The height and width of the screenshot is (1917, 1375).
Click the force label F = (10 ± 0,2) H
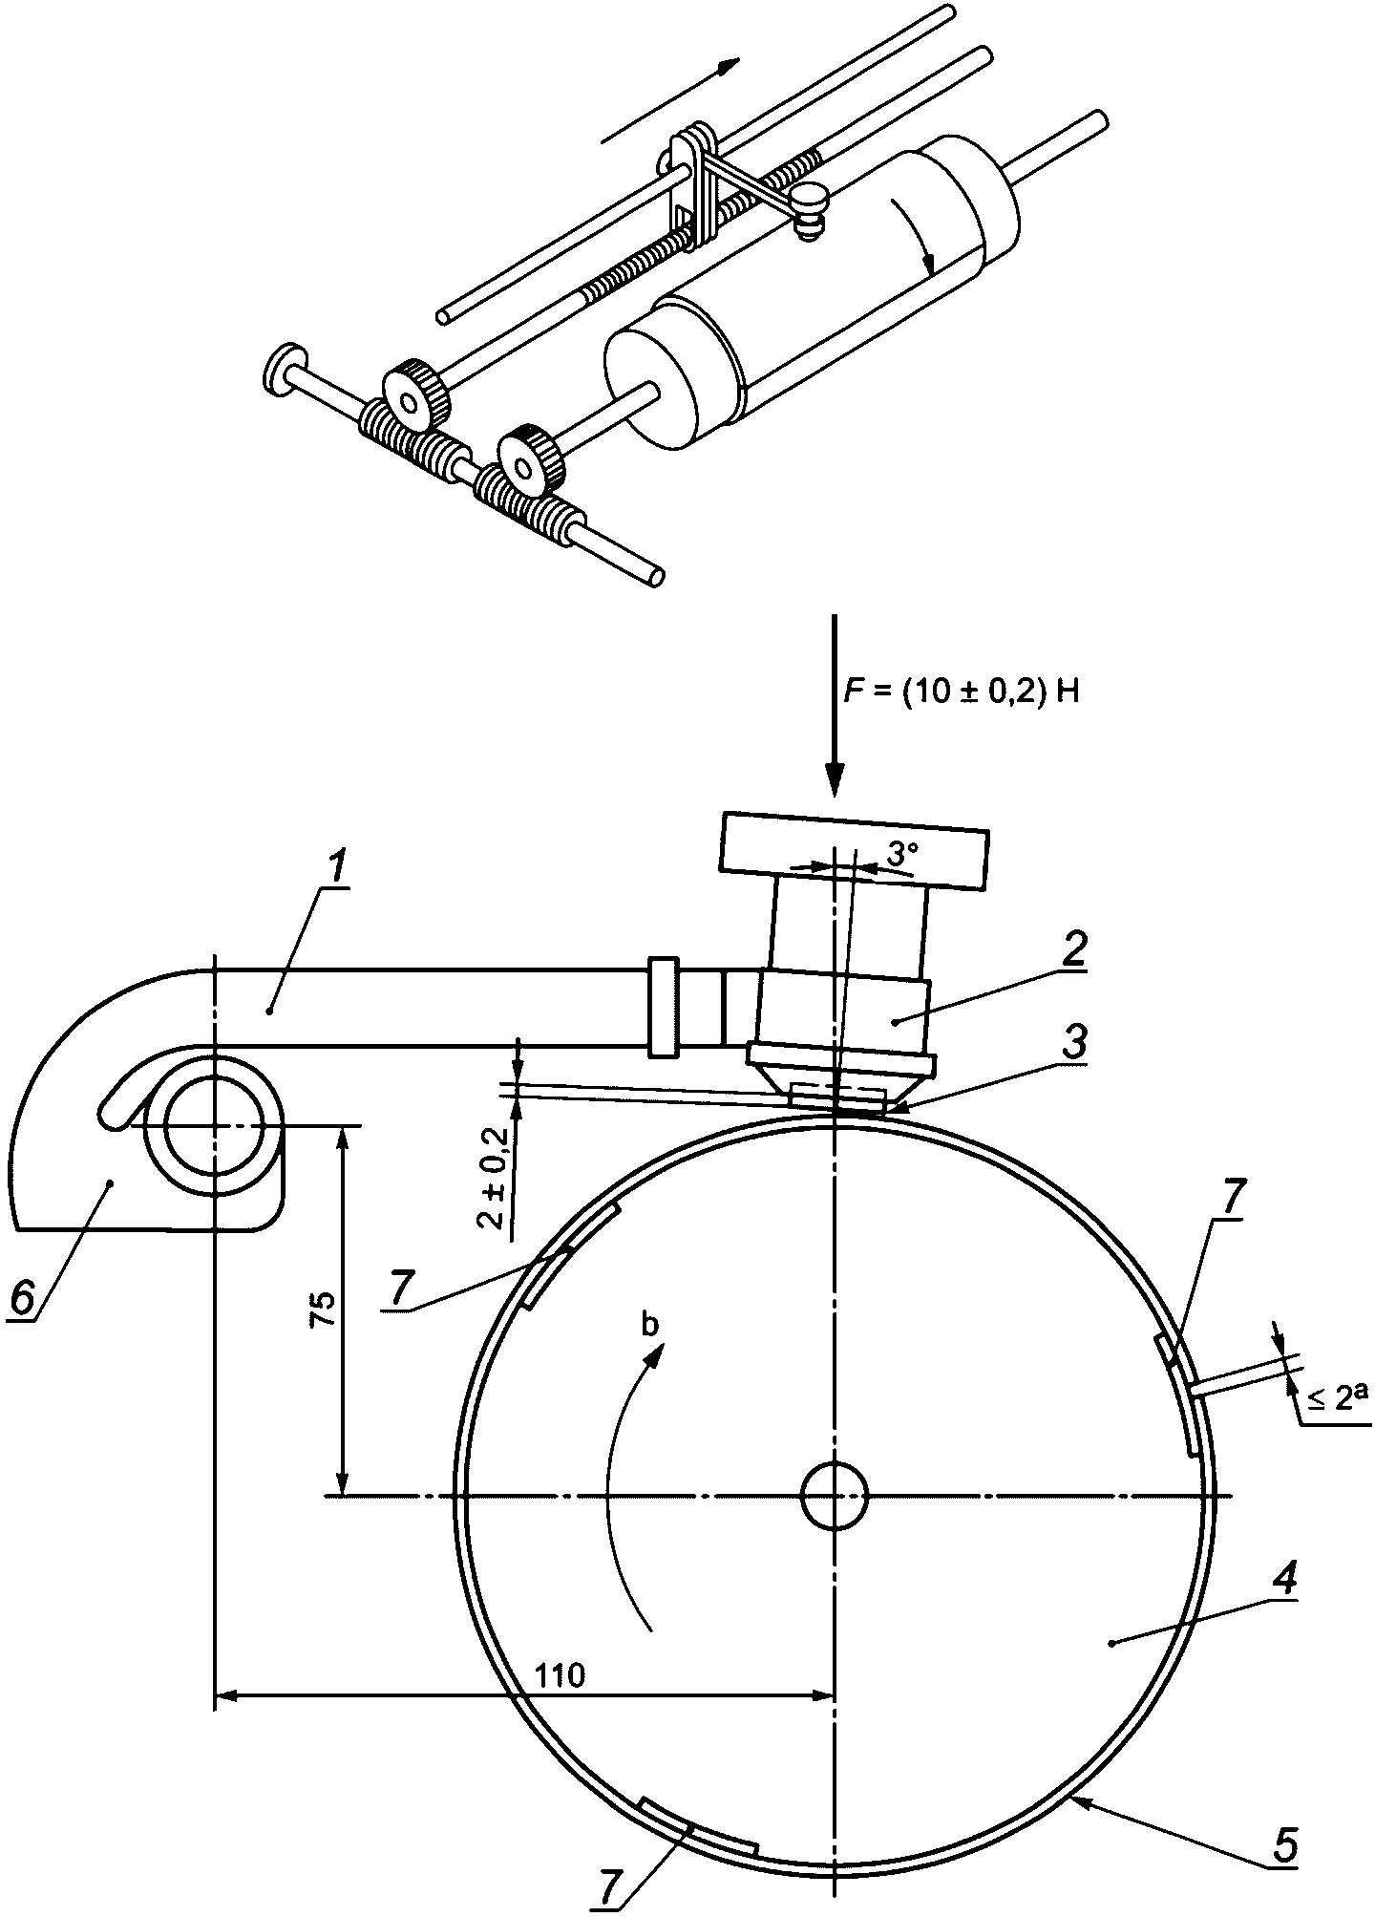965,692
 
